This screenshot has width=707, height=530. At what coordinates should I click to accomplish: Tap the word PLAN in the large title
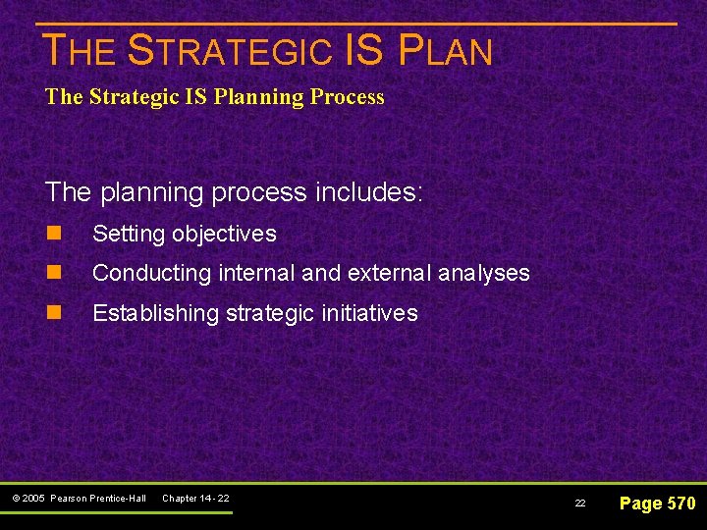pyautogui.click(x=446, y=50)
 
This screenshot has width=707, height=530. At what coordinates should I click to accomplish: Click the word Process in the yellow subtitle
pyautogui.click(x=349, y=97)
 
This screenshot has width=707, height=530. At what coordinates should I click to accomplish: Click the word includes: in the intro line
pyautogui.click(x=369, y=191)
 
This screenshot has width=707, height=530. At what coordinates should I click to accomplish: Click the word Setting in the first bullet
pyautogui.click(x=128, y=234)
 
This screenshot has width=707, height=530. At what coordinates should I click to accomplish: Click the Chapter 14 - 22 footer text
pyautogui.click(x=195, y=499)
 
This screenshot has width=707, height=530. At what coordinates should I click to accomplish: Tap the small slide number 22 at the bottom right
pyautogui.click(x=580, y=503)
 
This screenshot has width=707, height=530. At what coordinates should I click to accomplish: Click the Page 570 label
pyautogui.click(x=658, y=503)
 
